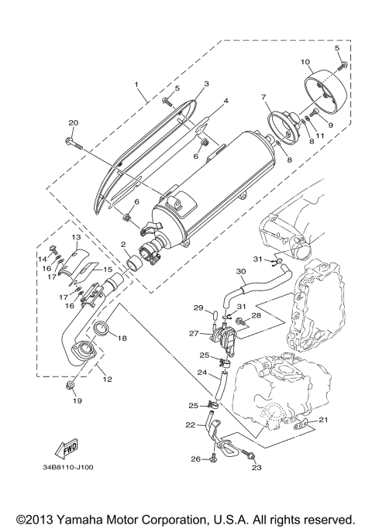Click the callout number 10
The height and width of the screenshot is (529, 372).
[305, 62]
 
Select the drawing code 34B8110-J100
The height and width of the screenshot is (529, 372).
[74, 469]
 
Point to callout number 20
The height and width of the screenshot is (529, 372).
[74, 123]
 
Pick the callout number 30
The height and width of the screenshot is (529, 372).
[241, 272]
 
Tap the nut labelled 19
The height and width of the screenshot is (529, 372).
[71, 385]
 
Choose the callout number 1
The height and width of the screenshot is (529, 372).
[136, 84]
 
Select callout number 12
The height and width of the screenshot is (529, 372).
[106, 379]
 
